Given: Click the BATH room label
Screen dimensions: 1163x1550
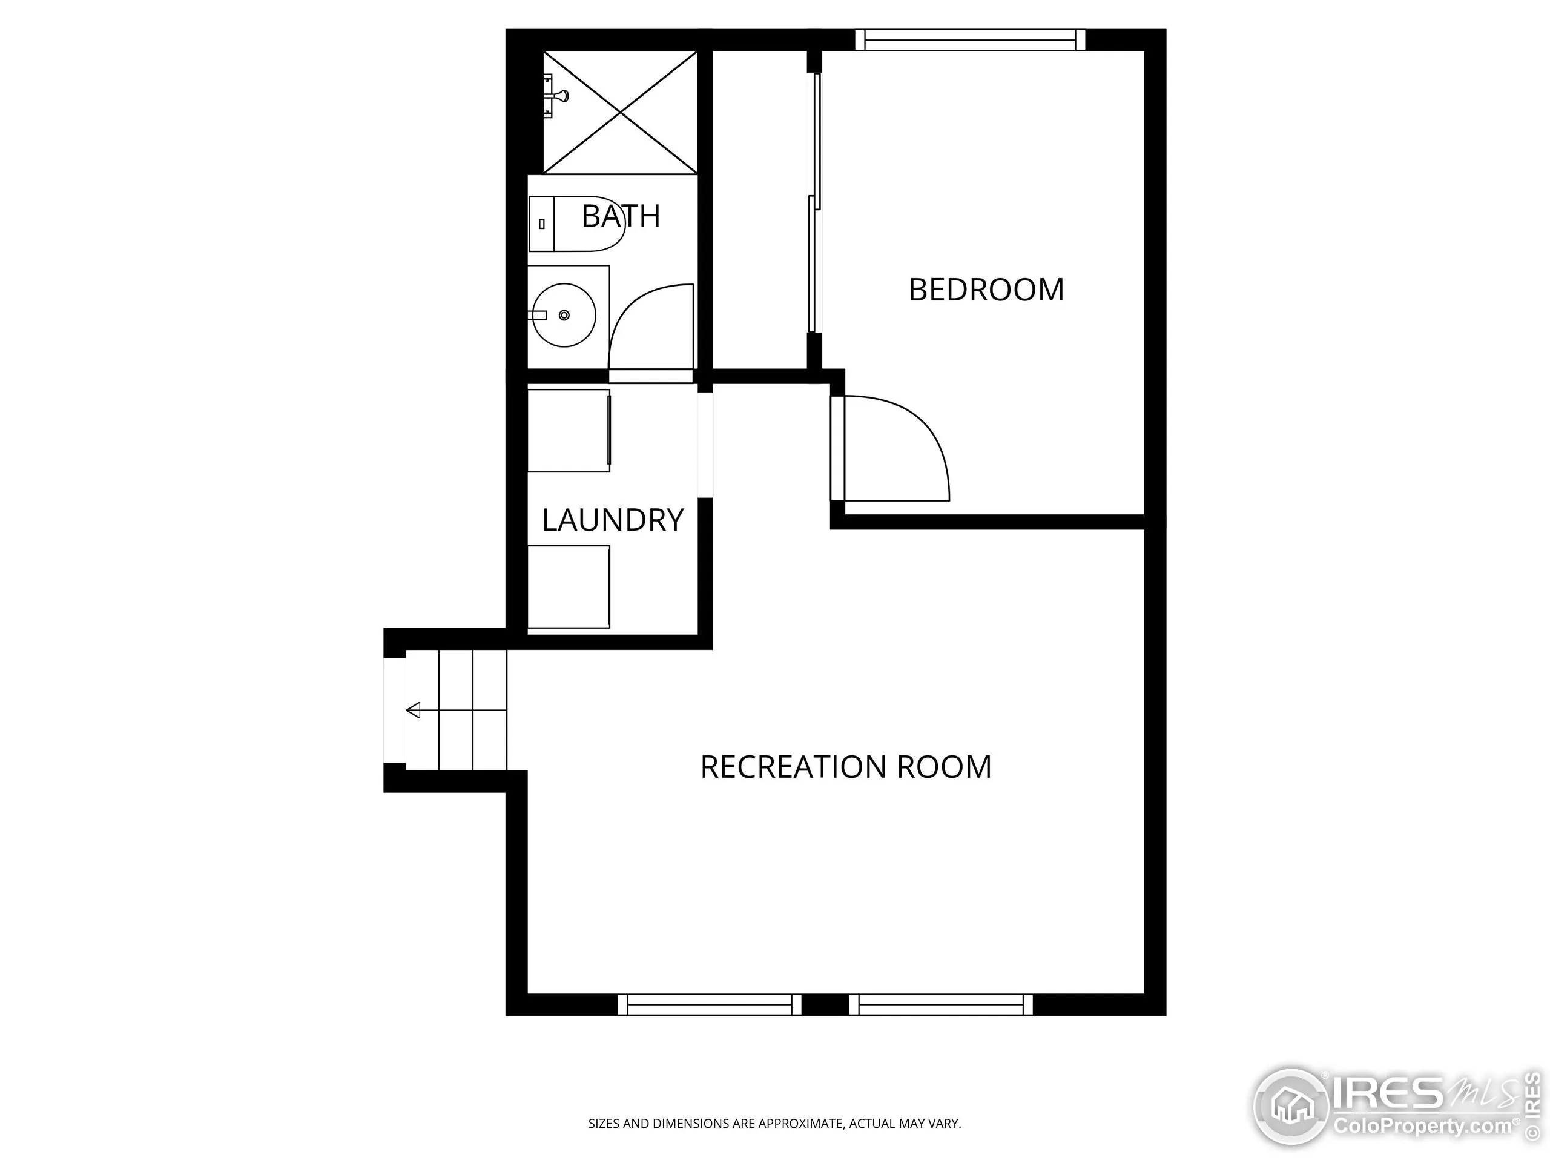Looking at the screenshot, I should point(621,216).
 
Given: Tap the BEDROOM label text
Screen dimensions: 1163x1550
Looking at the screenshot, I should point(986,290).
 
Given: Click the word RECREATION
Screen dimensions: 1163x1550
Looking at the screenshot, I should point(794,767).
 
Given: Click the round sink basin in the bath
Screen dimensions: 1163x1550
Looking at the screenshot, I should point(565,316).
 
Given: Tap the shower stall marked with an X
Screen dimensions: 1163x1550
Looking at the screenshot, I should point(621,112).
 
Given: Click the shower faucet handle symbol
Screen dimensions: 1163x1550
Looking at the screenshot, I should point(556,95).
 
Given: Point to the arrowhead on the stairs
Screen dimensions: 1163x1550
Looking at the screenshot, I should point(414,710).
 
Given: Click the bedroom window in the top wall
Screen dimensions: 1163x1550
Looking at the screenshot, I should point(970,40).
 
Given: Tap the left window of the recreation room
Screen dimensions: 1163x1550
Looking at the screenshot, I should point(709,1004).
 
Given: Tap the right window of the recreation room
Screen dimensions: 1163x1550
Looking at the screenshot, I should point(941,1004).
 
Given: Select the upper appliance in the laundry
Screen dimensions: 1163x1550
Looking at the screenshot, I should point(569,431).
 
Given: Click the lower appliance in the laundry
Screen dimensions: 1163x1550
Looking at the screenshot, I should point(569,587).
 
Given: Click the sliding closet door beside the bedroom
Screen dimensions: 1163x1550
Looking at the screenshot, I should point(814,204).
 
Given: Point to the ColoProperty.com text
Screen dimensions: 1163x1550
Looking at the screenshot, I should point(1422,1127).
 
